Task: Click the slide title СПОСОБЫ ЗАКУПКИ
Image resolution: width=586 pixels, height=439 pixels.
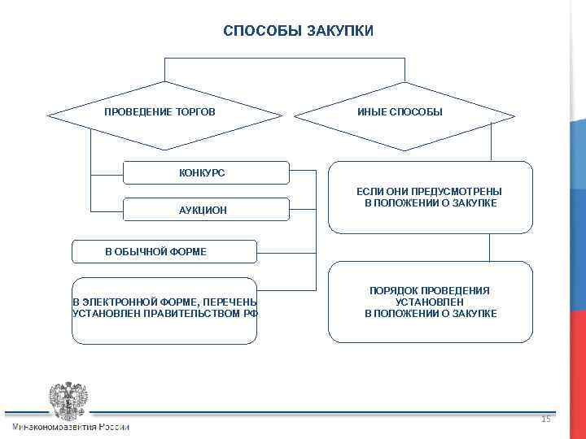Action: click(x=299, y=31)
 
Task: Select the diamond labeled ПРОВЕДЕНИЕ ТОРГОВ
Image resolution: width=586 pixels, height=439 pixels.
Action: click(x=160, y=111)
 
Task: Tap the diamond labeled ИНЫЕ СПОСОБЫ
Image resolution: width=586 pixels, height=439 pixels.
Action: click(x=400, y=111)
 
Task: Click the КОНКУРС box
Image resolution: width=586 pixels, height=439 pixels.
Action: click(x=205, y=172)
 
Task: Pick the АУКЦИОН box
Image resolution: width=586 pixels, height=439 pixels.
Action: click(x=205, y=210)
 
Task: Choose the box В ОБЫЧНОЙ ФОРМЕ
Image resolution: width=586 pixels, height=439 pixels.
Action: click(x=164, y=252)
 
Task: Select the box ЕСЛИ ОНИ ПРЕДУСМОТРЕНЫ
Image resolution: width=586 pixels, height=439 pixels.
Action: click(x=431, y=197)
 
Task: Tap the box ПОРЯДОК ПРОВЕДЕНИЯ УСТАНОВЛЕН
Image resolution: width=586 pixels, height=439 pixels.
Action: click(x=431, y=302)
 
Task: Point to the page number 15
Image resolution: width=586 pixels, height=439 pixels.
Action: click(x=545, y=419)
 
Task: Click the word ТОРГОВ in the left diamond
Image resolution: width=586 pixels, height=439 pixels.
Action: click(x=196, y=111)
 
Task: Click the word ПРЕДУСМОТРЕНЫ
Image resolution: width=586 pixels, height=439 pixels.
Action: click(x=461, y=191)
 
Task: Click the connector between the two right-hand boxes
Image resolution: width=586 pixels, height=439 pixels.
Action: click(x=489, y=247)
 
